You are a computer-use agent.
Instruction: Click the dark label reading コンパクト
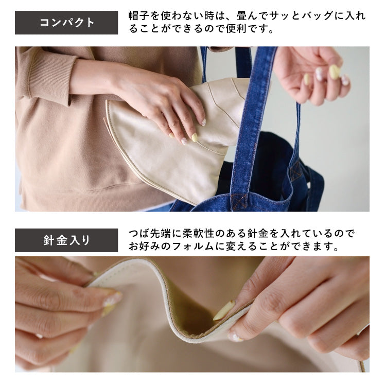66,23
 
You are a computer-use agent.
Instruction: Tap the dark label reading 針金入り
66,240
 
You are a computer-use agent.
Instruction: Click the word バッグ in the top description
305,16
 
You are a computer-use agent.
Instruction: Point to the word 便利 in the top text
236,29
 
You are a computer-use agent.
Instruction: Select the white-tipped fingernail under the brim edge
235,337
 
